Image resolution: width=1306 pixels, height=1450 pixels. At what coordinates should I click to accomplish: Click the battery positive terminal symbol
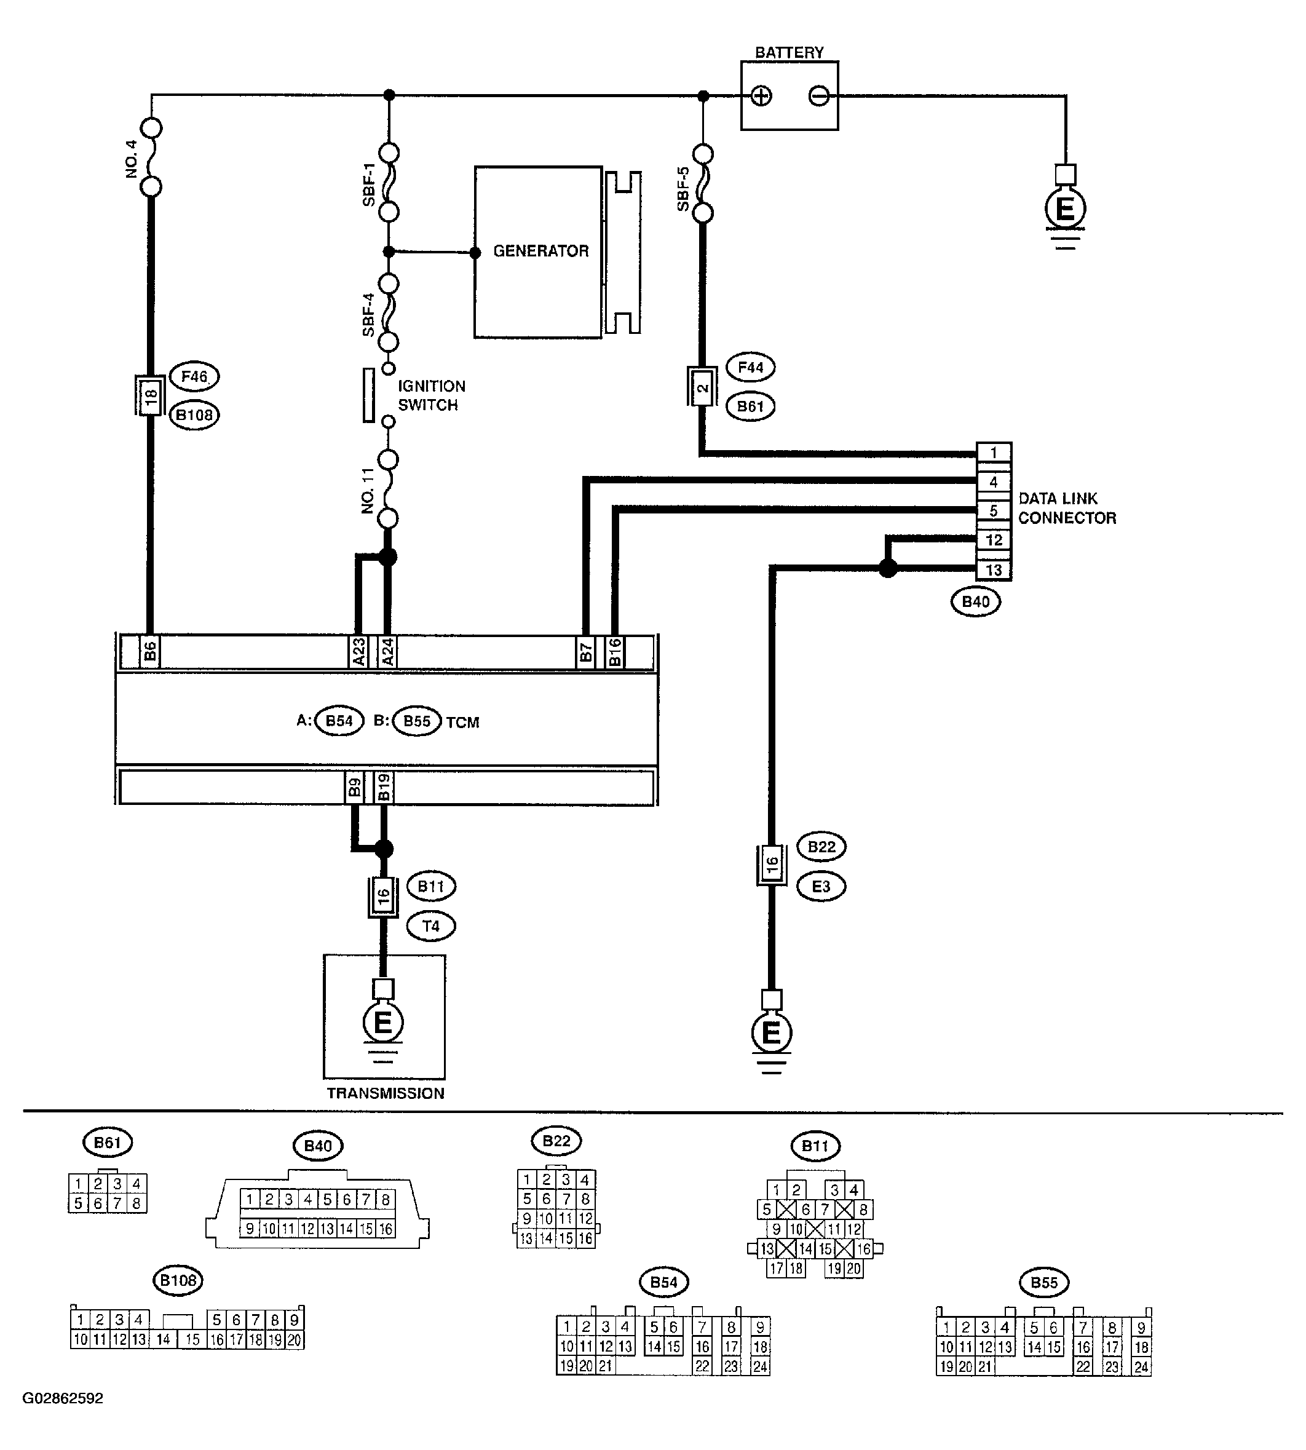[761, 95]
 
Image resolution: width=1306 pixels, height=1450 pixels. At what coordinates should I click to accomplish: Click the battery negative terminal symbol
[819, 95]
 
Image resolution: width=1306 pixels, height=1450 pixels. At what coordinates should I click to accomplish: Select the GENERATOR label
[540, 251]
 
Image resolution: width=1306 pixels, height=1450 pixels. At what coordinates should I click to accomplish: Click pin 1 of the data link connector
[994, 453]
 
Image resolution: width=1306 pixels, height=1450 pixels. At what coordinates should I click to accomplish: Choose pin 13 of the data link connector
[994, 571]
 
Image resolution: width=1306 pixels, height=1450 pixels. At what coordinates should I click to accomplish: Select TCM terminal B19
[384, 787]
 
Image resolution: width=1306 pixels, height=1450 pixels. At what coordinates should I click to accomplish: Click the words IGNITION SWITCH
[431, 395]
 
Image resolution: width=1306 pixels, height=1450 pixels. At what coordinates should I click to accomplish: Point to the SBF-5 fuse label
[683, 189]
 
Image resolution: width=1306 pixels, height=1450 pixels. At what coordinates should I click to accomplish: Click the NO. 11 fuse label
[368, 491]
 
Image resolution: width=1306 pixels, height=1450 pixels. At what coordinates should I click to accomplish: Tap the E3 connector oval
[821, 887]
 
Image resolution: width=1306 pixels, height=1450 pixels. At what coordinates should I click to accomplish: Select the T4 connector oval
[430, 926]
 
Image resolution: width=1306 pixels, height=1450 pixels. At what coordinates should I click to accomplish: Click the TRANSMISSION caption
[386, 1093]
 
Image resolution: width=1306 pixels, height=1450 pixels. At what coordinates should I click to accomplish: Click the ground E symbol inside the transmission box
[383, 1023]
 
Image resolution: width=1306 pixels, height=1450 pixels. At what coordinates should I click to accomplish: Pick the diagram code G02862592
[63, 1398]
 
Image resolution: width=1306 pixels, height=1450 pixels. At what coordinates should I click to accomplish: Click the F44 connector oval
[751, 367]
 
